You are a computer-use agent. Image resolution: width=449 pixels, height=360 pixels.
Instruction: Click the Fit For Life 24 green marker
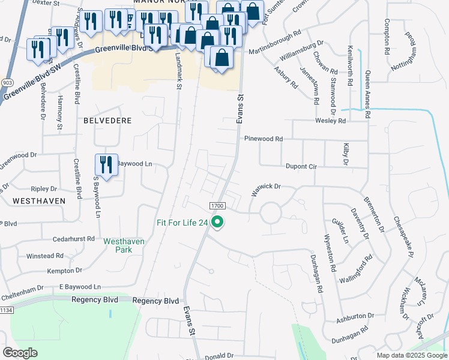click(219, 223)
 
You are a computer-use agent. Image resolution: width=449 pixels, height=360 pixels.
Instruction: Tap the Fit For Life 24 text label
click(182, 223)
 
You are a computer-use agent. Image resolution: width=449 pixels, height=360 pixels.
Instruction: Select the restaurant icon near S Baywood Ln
click(106, 165)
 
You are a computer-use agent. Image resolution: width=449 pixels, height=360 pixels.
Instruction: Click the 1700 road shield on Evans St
click(217, 206)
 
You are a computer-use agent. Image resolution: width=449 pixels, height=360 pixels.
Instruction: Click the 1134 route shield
click(6, 310)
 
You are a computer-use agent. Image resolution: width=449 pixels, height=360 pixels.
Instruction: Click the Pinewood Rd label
click(263, 139)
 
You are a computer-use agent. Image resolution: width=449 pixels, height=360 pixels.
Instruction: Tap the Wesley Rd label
click(331, 121)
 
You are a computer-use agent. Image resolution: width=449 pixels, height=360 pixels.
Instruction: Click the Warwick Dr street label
click(266, 190)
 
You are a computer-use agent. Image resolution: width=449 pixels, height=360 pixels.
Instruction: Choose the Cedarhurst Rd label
click(73, 238)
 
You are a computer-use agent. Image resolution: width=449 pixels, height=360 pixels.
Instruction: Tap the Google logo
click(20, 353)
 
